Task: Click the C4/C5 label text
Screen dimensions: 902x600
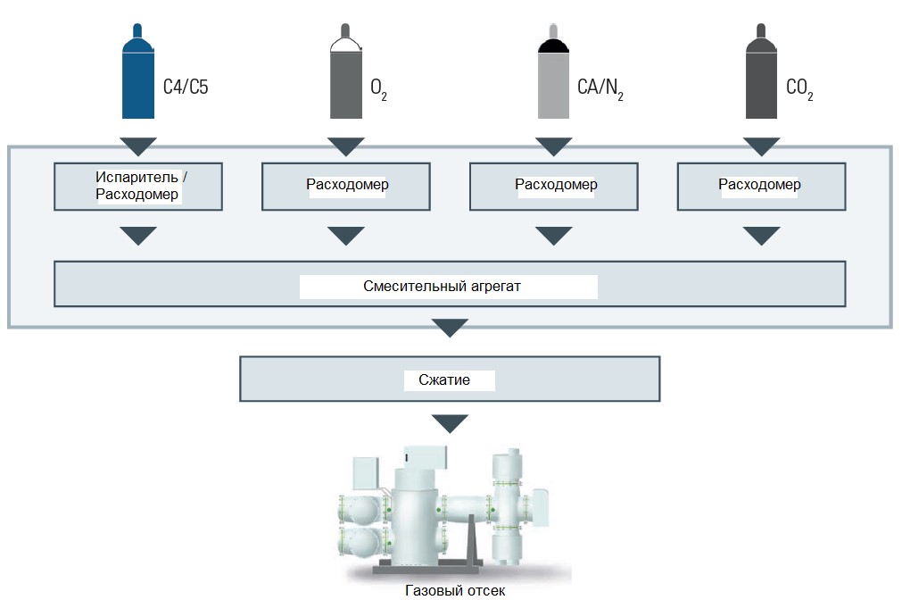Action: coord(186,87)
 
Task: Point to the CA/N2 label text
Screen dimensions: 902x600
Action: coord(600,88)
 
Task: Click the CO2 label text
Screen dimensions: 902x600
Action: coord(799,88)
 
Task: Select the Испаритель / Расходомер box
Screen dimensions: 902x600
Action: coord(138,187)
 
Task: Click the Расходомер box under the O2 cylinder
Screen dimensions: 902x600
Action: coord(346,187)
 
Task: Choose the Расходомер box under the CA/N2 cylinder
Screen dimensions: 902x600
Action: coord(553,187)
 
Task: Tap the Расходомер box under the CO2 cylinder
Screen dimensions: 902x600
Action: coord(761,187)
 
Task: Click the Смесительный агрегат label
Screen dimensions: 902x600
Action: coord(442,287)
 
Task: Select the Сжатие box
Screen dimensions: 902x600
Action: coord(450,379)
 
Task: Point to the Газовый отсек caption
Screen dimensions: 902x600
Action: coord(455,590)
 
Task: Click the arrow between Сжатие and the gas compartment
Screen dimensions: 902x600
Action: coord(450,423)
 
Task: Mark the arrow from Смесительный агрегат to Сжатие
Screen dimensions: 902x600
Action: coord(450,328)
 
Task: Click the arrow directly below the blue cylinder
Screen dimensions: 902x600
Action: coord(138,146)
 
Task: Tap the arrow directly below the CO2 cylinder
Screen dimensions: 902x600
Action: coord(761,146)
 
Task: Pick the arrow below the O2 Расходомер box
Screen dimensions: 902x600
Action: coord(346,236)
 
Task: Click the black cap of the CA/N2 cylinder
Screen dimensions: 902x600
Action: coord(553,46)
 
